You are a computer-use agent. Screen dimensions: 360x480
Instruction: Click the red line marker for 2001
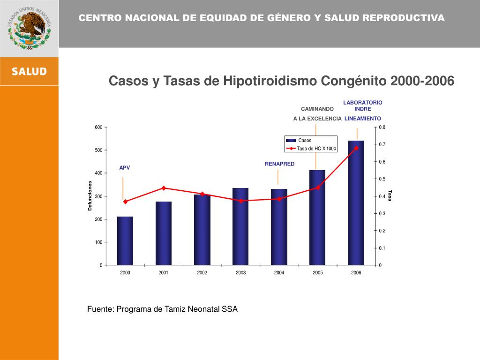click(x=164, y=188)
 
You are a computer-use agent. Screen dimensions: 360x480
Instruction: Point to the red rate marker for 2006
click(x=356, y=148)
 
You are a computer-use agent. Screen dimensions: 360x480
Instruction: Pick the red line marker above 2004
click(x=279, y=199)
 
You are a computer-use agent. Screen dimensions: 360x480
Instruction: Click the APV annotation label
click(x=125, y=167)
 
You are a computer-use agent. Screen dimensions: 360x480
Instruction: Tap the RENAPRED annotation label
click(x=280, y=164)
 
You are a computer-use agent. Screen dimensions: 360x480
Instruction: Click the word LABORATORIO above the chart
click(x=363, y=102)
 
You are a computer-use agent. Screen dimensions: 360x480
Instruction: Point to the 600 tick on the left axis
click(x=98, y=127)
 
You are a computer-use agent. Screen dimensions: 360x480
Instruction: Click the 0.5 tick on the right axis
click(x=382, y=179)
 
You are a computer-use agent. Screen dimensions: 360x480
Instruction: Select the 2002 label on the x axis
click(x=202, y=273)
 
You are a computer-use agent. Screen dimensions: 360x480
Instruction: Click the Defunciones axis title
click(x=90, y=195)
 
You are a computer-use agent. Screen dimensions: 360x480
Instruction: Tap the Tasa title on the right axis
click(x=390, y=195)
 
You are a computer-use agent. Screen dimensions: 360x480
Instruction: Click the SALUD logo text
click(x=29, y=72)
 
